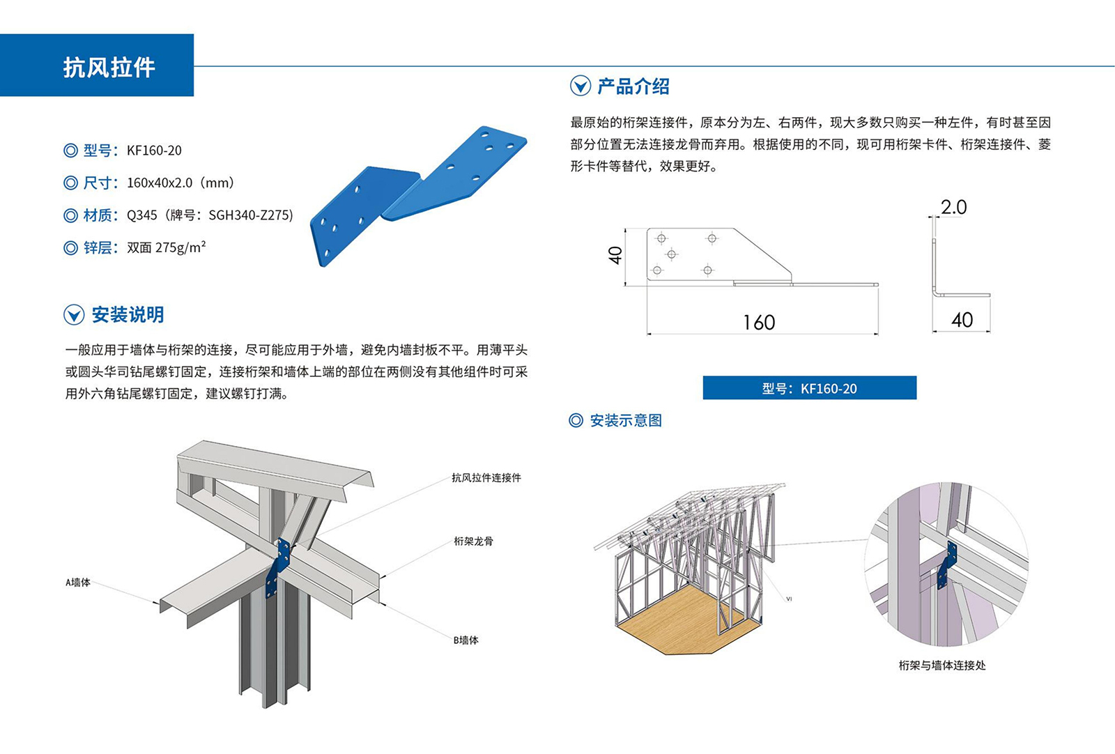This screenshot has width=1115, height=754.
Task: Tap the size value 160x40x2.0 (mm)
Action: (x=180, y=183)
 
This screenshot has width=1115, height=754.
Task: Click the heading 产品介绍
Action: (x=633, y=86)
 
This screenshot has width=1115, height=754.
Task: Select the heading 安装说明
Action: (x=128, y=315)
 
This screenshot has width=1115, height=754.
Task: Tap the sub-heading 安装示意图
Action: (x=625, y=420)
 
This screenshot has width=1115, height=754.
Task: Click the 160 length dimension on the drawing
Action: (x=759, y=323)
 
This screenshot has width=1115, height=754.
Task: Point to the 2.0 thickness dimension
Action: (x=953, y=207)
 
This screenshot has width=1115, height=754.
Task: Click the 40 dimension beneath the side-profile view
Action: (x=962, y=320)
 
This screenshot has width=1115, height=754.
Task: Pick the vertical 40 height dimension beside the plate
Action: (x=615, y=256)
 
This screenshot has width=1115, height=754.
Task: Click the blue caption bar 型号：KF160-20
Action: (x=809, y=388)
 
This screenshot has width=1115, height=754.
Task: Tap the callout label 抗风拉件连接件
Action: (x=486, y=478)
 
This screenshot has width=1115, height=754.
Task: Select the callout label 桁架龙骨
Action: (x=473, y=541)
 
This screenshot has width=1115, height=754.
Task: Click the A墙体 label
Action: (x=78, y=583)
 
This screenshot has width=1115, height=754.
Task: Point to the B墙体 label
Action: (x=466, y=640)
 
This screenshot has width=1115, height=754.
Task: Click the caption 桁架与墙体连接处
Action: (x=941, y=665)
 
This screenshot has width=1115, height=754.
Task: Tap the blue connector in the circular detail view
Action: (x=947, y=564)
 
